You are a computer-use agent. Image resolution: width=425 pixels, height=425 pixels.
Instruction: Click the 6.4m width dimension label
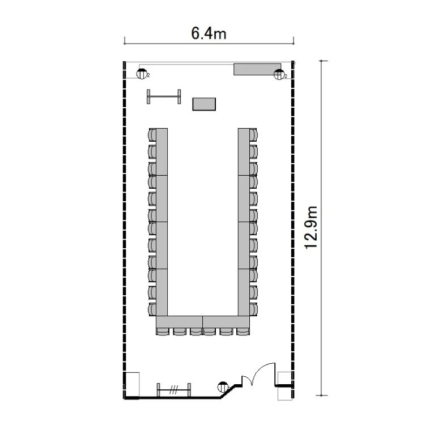point(209,33)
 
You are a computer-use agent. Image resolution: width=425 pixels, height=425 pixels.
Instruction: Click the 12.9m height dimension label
point(311,228)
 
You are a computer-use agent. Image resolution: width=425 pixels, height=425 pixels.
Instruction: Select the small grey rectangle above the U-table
point(204,104)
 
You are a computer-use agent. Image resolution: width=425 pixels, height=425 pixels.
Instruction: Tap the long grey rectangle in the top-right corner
point(257,69)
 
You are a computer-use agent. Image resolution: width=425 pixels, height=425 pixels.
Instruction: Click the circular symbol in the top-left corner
point(142,74)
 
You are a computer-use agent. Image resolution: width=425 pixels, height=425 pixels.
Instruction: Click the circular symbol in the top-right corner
point(279,74)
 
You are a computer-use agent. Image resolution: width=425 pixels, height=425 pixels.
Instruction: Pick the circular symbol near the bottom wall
point(223,387)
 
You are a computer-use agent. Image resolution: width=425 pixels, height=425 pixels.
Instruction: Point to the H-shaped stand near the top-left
point(164,96)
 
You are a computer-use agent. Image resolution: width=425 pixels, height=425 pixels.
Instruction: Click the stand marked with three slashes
point(174,390)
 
